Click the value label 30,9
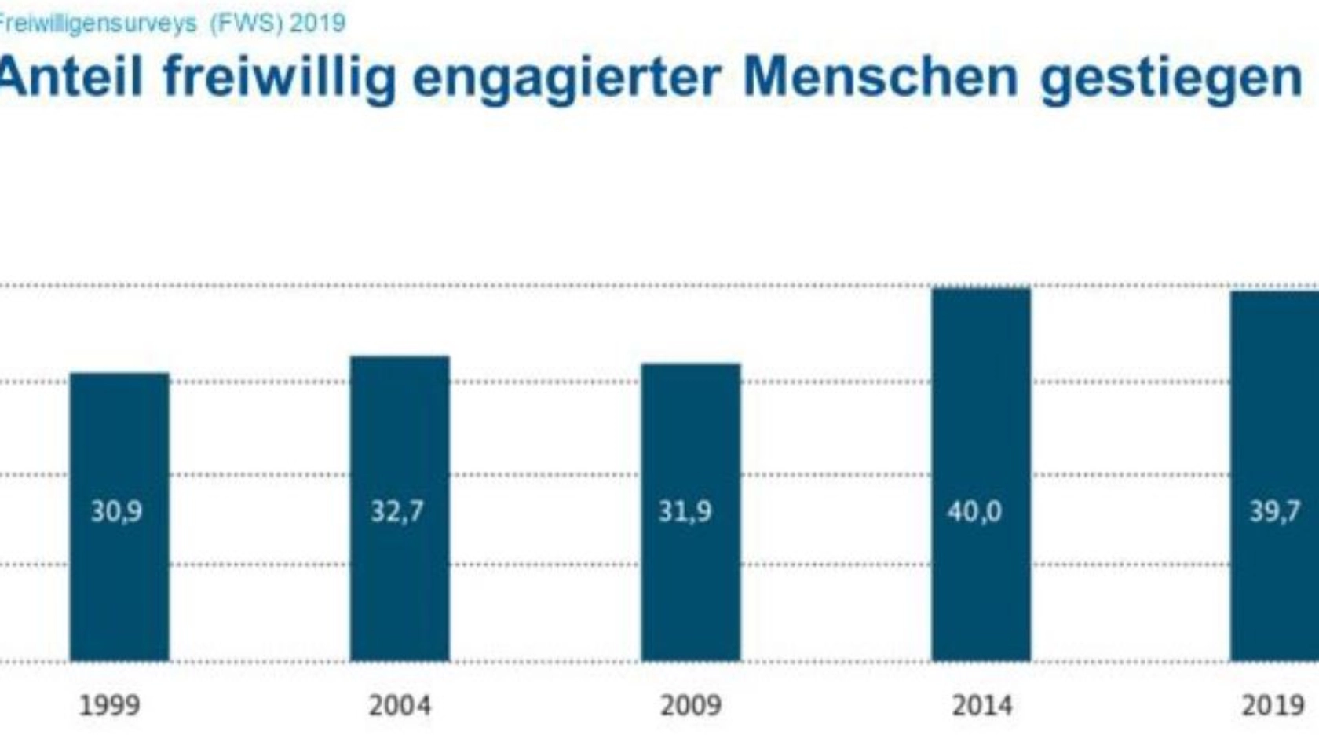pyautogui.click(x=116, y=512)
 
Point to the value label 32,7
pyautogui.click(x=397, y=512)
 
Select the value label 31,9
pyautogui.click(x=685, y=512)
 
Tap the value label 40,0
pyautogui.click(x=974, y=512)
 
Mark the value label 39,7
pyautogui.click(x=1275, y=512)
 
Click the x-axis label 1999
pyautogui.click(x=110, y=705)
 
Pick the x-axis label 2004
pyautogui.click(x=400, y=705)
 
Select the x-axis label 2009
pyautogui.click(x=690, y=705)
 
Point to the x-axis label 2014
pyautogui.click(x=981, y=705)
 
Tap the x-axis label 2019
pyautogui.click(x=1273, y=705)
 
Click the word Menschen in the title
pyautogui.click(x=880, y=77)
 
